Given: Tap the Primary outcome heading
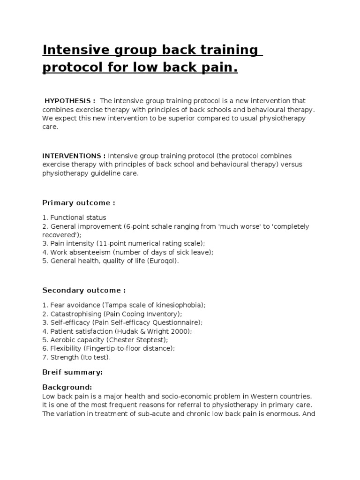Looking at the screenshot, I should pos(79,203).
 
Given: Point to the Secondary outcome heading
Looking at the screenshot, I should pos(84,290).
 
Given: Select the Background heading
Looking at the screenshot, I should pos(67,388).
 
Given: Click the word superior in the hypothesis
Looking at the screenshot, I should pos(200,118).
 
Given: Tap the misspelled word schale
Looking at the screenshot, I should pos(177,226).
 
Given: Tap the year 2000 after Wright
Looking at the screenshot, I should pos(182,331).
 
